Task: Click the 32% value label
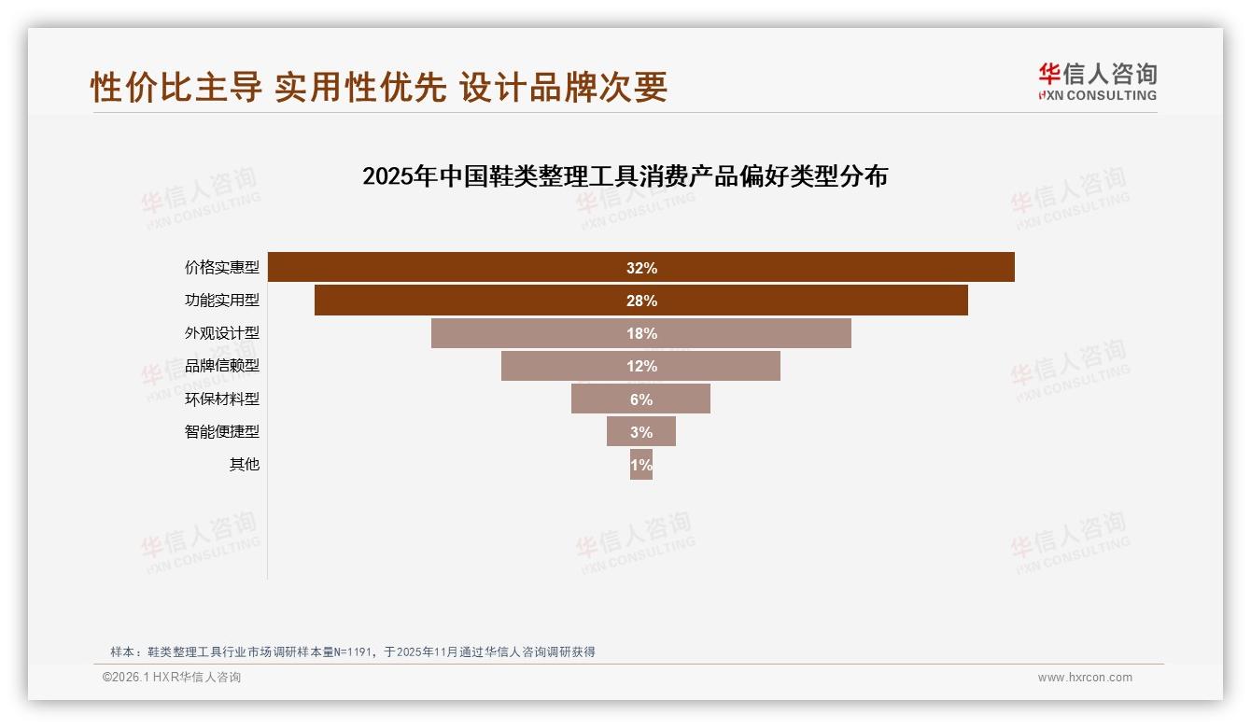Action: [641, 268]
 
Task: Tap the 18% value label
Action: [641, 333]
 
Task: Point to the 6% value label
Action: [641, 399]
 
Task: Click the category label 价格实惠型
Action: [222, 268]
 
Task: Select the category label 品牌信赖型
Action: [222, 366]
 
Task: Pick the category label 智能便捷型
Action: [222, 431]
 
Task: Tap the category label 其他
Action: [245, 464]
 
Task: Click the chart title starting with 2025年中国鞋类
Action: [625, 176]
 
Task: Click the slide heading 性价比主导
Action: [379, 87]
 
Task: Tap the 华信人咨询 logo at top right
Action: [1097, 81]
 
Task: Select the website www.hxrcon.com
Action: [1085, 678]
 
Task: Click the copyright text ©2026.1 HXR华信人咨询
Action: [172, 678]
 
